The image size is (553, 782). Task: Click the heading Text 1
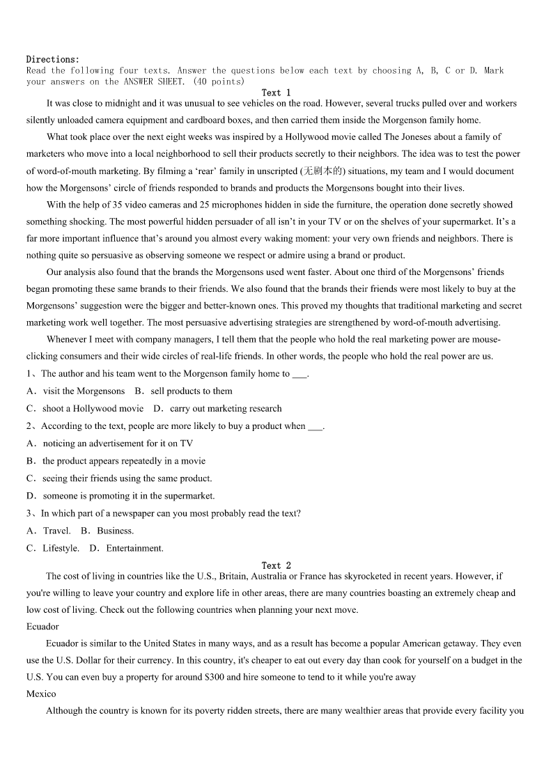[276, 93]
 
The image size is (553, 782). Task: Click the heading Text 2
[276, 565]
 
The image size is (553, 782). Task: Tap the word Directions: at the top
[53, 59]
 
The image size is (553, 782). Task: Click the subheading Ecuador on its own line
[42, 627]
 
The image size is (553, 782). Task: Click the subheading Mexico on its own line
[41, 694]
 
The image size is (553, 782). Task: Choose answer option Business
[115, 531]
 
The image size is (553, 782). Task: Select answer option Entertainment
[134, 548]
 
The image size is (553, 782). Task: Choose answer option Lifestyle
[61, 548]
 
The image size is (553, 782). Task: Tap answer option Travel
[56, 531]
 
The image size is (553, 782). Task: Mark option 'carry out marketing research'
[226, 409]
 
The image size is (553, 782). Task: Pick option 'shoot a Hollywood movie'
[93, 409]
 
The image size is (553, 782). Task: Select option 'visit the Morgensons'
[84, 391]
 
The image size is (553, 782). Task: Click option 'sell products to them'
[191, 391]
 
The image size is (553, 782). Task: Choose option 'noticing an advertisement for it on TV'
[118, 444]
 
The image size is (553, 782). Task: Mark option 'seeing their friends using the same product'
[127, 478]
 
